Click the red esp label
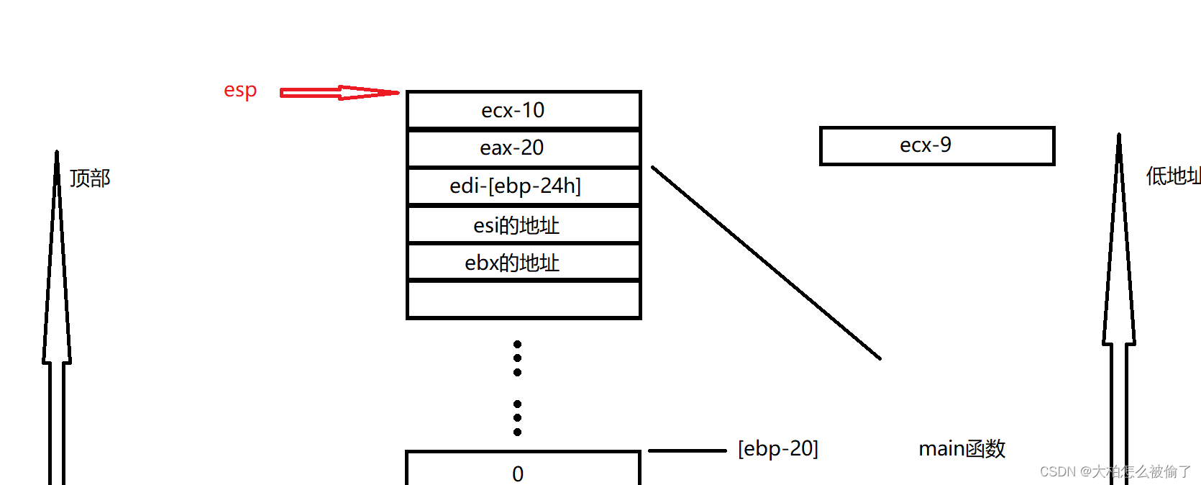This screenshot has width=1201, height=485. [240, 91]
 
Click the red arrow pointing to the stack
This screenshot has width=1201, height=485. [338, 93]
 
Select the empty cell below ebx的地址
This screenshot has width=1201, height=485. [523, 299]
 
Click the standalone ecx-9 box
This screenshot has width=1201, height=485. [936, 146]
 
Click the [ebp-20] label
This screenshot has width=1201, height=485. [778, 449]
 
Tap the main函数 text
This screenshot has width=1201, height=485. [962, 449]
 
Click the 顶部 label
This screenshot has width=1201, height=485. [90, 178]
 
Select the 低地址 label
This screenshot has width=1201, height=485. [1172, 176]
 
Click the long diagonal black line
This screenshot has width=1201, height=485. [766, 263]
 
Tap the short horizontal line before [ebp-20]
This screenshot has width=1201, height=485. [687, 451]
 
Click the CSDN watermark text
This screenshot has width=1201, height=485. [1115, 472]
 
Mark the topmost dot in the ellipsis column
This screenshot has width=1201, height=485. [517, 345]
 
